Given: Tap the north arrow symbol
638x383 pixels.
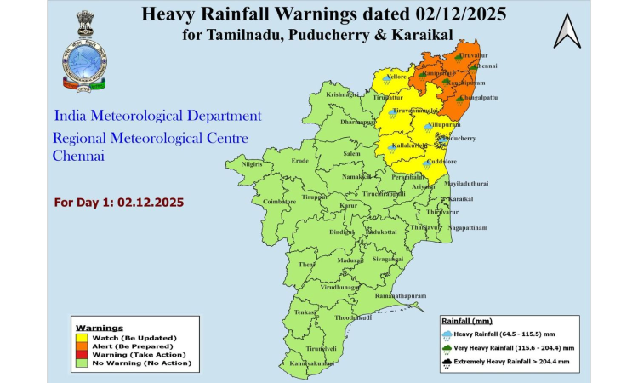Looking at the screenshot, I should tap(566, 31).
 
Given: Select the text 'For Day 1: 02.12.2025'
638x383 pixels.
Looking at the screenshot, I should tap(118, 203).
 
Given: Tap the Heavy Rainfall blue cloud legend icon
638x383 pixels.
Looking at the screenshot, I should tap(448, 333).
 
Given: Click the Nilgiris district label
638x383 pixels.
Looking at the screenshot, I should tap(253, 163).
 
